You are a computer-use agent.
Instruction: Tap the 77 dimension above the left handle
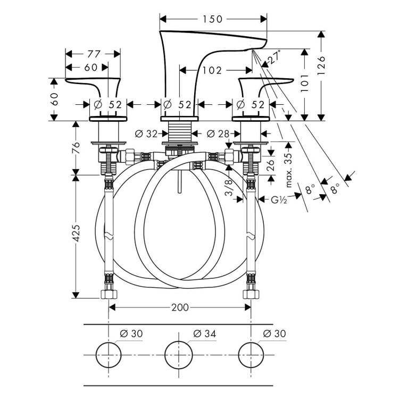point(94,54)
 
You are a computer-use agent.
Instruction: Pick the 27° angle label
point(274,57)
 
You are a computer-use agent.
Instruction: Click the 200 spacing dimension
point(180,307)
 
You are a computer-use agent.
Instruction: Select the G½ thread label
point(278,200)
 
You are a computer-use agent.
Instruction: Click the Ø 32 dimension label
point(147,134)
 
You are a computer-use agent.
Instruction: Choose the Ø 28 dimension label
point(216,134)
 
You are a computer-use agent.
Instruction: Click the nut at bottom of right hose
point(250,293)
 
